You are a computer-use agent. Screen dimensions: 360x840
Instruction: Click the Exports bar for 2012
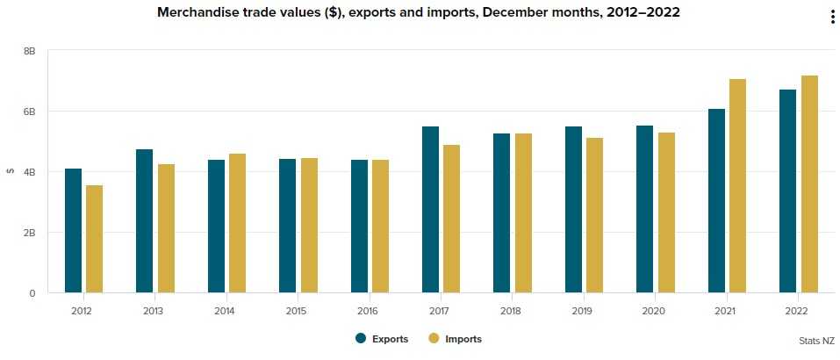tap(73, 230)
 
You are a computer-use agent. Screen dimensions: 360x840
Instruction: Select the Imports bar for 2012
tap(95, 239)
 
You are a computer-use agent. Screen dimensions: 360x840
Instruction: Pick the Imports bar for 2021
tap(737, 185)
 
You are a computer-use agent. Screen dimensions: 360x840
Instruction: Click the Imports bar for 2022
tap(809, 184)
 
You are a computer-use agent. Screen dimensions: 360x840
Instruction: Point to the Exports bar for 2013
tap(145, 220)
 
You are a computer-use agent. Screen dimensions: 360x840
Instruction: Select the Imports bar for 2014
tap(237, 223)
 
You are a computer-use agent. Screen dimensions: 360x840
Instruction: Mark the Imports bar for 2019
tap(595, 215)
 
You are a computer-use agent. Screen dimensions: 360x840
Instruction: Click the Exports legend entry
tap(381, 339)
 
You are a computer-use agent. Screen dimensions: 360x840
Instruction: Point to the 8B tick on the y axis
tap(29, 51)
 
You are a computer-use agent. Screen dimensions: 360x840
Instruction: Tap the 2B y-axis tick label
tap(29, 233)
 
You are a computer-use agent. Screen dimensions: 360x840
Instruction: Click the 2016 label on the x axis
tap(369, 311)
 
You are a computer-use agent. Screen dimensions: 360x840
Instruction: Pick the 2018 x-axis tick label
tap(512, 311)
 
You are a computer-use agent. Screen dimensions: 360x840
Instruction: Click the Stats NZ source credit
tap(816, 339)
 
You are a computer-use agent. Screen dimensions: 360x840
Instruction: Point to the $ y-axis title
tap(10, 171)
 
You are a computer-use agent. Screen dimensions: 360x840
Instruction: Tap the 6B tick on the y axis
tap(29, 112)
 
